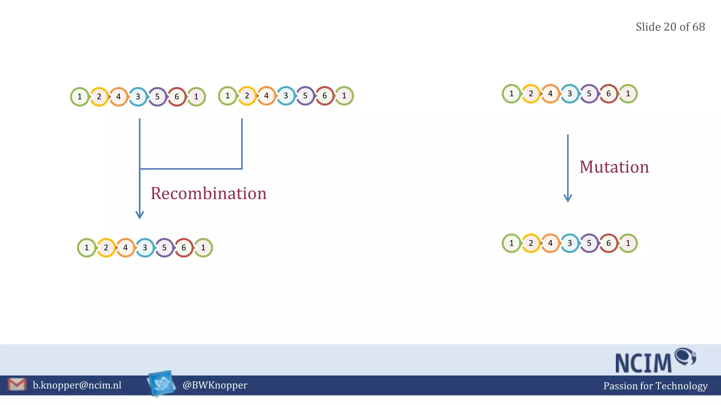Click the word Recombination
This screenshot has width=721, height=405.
pyautogui.click(x=208, y=193)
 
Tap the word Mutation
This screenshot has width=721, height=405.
pyautogui.click(x=614, y=167)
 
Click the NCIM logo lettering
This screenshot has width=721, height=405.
pyautogui.click(x=644, y=363)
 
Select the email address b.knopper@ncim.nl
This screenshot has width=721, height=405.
pyautogui.click(x=77, y=385)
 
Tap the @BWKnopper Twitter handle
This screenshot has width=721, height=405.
pyautogui.click(x=215, y=385)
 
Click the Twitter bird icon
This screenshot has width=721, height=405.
pyautogui.click(x=161, y=383)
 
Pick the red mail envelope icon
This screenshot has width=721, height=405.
pyautogui.click(x=17, y=385)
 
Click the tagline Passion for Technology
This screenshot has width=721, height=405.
pyautogui.click(x=655, y=386)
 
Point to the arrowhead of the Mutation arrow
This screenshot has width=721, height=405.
pyautogui.click(x=568, y=199)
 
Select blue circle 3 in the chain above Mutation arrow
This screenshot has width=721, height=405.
pyautogui.click(x=570, y=94)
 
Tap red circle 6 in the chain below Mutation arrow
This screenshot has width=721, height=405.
pyautogui.click(x=608, y=243)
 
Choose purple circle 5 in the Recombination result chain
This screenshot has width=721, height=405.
pyautogui.click(x=164, y=248)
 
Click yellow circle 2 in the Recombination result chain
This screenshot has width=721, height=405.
pyautogui.click(x=106, y=248)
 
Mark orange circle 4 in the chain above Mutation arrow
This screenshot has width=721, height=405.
pyautogui.click(x=550, y=94)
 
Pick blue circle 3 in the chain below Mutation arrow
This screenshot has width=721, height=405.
pyautogui.click(x=570, y=243)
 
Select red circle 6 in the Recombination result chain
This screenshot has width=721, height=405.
pyautogui.click(x=184, y=248)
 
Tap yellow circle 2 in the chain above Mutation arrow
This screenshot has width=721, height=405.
pyautogui.click(x=531, y=94)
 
